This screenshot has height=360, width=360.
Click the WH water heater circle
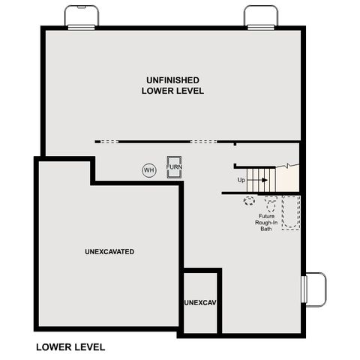[x=148, y=170]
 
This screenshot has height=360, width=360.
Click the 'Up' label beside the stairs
[x=241, y=180]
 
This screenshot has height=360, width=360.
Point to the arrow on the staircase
[x=259, y=180]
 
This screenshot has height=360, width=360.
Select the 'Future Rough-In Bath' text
[x=265, y=221]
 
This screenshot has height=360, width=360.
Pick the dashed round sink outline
[x=249, y=200]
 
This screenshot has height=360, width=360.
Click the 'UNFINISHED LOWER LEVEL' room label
[x=172, y=85]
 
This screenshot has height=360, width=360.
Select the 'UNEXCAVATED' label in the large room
[x=109, y=251]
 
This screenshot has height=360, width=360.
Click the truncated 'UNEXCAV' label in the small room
[x=200, y=302]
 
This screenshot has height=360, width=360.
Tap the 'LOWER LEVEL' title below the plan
[x=70, y=347]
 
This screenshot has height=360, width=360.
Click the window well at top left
[x=80, y=16]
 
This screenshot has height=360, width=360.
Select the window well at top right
[x=260, y=16]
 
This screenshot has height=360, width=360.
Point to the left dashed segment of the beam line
[x=109, y=141]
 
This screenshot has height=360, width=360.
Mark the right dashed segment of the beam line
[x=203, y=141]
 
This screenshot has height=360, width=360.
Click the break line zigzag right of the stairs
[x=286, y=166]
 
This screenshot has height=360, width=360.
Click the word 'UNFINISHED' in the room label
[x=172, y=79]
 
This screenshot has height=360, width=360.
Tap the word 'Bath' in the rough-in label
[x=265, y=229]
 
